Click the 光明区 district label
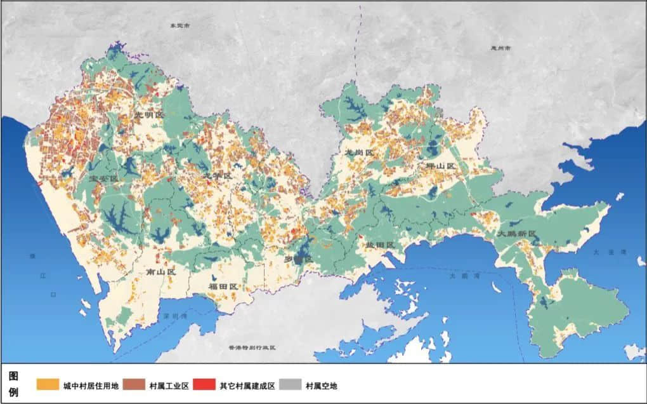pos(149,116)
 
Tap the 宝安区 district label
pos(103,178)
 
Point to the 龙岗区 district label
pos(358,153)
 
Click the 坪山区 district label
pos(441,166)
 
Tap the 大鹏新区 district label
pos(517,234)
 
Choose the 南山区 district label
pos(160,271)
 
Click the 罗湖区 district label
pos(298,259)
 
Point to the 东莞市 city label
pos(180,26)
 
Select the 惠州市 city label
pos(500,48)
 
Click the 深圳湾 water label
pos(173,316)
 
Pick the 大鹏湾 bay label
pos(461,276)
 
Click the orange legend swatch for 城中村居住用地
pos(47,384)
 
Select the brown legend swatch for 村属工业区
pos(134,384)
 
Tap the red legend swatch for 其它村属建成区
pos(205,384)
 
